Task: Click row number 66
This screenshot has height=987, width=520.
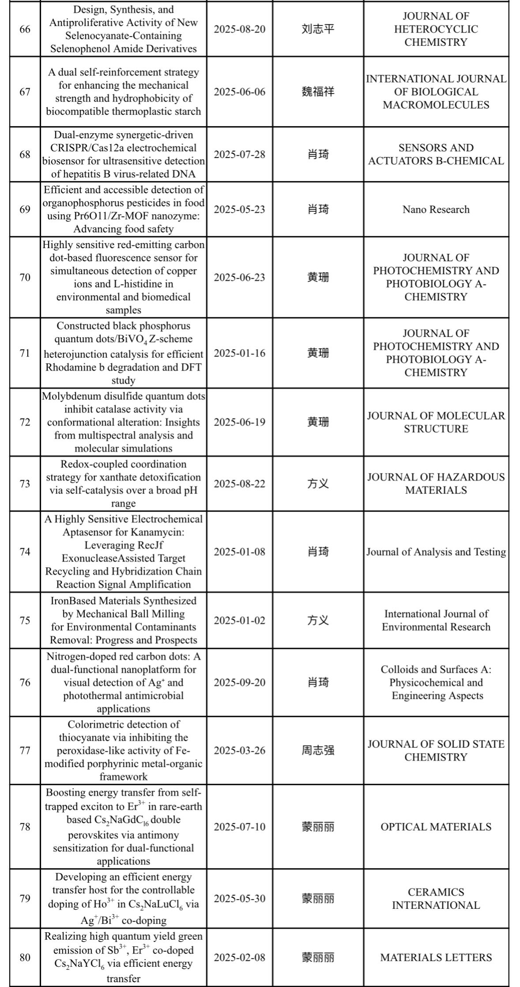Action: (25, 29)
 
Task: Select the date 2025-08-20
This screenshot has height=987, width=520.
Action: (240, 29)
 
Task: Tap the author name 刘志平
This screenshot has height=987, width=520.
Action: (318, 29)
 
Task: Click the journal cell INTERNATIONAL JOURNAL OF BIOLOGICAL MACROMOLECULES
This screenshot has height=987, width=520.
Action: (436, 92)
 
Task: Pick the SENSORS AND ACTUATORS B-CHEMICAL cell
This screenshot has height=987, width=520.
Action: (436, 154)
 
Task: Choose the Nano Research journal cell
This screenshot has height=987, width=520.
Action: (436, 209)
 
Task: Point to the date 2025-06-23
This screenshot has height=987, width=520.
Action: (240, 277)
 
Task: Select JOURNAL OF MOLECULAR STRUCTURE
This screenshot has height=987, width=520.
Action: (436, 422)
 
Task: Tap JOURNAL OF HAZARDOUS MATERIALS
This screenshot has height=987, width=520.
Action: (436, 484)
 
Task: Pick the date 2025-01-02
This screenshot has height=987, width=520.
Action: (240, 621)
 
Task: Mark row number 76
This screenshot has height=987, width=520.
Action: (25, 682)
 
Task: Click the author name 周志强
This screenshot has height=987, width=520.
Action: (318, 750)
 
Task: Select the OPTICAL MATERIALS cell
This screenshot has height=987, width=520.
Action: (436, 827)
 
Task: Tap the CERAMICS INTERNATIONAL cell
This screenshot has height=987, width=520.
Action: (436, 899)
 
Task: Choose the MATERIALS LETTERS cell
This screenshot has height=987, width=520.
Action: (436, 957)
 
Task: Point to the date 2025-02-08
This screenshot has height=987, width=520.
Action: (240, 957)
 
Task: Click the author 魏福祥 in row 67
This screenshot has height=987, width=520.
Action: (318, 92)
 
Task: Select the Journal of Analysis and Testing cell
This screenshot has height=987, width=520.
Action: (436, 552)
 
